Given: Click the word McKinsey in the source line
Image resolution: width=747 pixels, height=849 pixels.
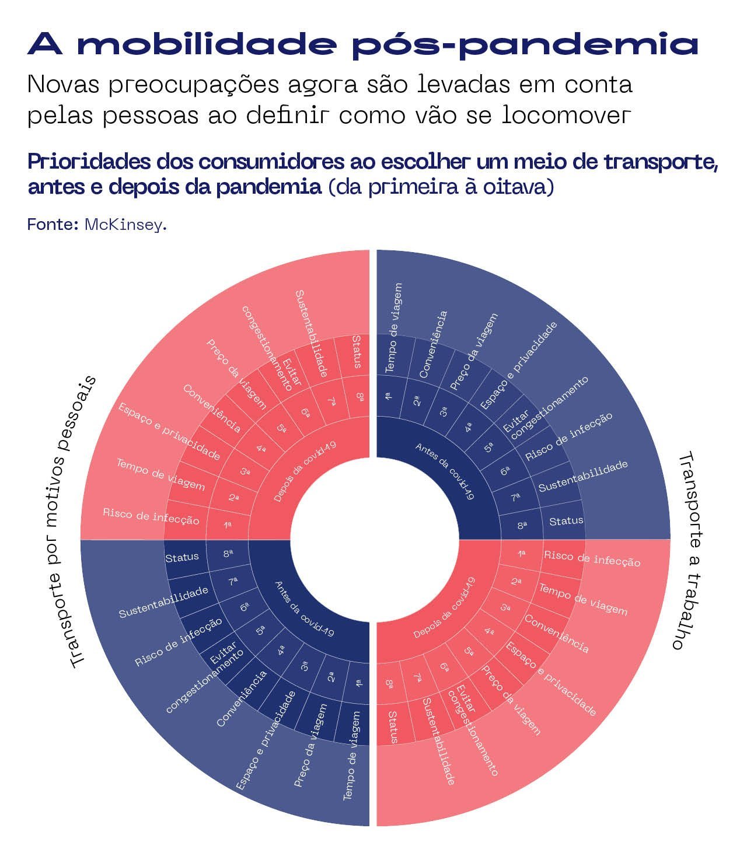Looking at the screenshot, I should pos(124,225).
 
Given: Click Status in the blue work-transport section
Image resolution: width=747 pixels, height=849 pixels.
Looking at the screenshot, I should pos(566,520).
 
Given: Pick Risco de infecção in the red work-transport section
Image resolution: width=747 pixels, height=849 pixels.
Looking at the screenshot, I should pos(592,558).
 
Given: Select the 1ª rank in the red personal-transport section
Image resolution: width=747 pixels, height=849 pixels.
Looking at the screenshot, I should pos(228,525).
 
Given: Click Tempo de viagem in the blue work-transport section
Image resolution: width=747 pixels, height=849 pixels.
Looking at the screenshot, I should pos(394,327).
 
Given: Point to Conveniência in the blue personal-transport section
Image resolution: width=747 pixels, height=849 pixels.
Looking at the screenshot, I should pos(241,698).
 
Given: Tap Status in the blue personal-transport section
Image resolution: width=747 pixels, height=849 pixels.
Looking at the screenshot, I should pos(182,557).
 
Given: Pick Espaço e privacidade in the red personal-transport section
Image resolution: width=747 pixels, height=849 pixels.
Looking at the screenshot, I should pos(169,431).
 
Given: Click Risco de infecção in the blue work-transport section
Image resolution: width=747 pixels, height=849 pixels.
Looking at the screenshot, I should pos(569,436).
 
